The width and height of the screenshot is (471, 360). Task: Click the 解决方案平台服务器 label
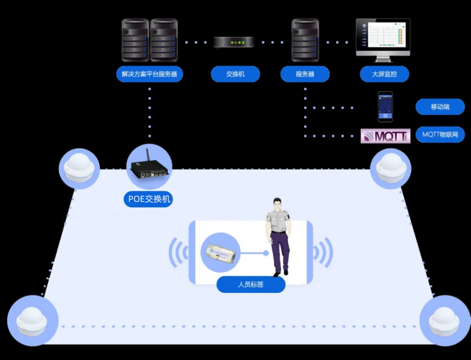(149, 74)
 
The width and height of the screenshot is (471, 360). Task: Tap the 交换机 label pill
(235, 74)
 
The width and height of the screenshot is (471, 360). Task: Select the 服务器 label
(305, 74)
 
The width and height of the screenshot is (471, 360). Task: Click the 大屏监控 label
(384, 74)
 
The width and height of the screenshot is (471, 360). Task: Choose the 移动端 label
(440, 107)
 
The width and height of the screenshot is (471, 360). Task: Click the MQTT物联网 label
(440, 135)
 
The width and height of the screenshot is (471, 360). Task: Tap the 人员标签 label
(251, 285)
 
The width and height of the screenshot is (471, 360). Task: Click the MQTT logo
(385, 136)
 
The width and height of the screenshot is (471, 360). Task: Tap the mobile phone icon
(385, 107)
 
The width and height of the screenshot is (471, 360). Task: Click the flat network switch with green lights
(234, 42)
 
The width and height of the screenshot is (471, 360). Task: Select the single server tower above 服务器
(305, 40)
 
